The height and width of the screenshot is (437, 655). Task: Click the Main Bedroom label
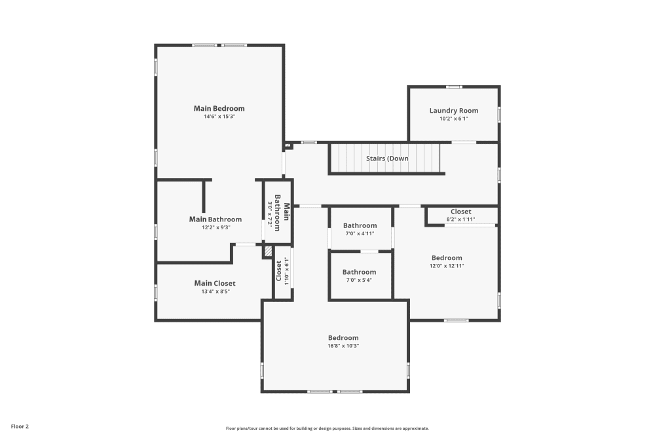[x=219, y=108]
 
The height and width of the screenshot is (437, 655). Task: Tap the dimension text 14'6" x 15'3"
[x=219, y=117]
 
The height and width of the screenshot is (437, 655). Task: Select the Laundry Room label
[x=454, y=111]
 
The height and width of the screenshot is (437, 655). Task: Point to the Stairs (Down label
[x=387, y=159]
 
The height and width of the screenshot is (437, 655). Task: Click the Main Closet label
[x=215, y=283]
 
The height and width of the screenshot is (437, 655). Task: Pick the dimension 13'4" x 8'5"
[x=215, y=292]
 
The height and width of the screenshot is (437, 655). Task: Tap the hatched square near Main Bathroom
[x=267, y=251]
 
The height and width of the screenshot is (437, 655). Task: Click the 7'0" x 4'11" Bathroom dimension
[x=360, y=233]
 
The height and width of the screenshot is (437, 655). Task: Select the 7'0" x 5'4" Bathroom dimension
[x=360, y=280]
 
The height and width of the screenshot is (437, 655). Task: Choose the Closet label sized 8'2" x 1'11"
[x=460, y=212]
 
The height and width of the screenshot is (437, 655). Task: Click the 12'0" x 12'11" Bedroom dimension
[x=446, y=266]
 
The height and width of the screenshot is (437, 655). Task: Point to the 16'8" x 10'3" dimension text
[x=343, y=346]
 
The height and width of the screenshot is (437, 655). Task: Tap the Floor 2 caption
[x=20, y=426]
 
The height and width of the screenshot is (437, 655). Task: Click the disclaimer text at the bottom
[x=327, y=428]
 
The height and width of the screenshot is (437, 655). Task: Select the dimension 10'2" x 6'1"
[x=454, y=119]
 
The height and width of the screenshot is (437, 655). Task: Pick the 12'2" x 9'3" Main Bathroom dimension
[x=215, y=227]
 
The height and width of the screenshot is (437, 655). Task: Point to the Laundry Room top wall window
[x=453, y=86]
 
